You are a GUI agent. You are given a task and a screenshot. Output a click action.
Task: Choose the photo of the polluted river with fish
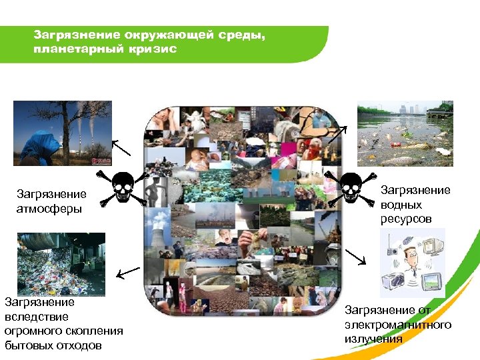click(405, 133)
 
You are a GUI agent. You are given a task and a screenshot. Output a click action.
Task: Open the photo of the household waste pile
click(61, 263)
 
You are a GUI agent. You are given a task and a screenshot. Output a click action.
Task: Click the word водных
click(397, 205)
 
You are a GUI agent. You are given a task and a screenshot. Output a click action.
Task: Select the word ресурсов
click(406, 219)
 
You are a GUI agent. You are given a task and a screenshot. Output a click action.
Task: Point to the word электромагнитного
click(398, 325)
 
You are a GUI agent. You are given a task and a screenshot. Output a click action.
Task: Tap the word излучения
click(373, 339)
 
